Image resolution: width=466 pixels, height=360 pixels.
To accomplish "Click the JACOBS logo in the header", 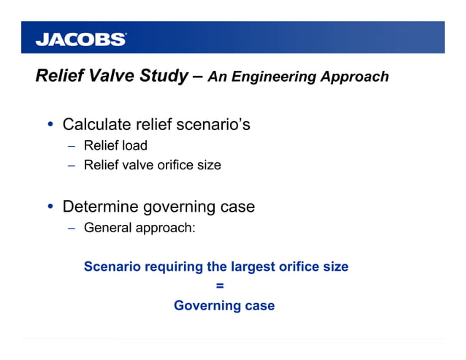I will point(81,39).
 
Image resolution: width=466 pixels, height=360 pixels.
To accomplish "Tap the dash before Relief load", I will point(72,146).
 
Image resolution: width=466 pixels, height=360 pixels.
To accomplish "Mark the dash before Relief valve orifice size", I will point(72,166).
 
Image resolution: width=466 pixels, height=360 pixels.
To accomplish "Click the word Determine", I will point(99,207).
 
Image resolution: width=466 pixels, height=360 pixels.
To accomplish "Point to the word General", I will point(107,228).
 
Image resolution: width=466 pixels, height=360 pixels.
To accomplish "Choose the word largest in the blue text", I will point(251,267).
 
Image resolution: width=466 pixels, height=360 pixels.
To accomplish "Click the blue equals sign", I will point(219,286).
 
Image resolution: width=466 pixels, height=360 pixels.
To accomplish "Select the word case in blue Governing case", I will point(260,305).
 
